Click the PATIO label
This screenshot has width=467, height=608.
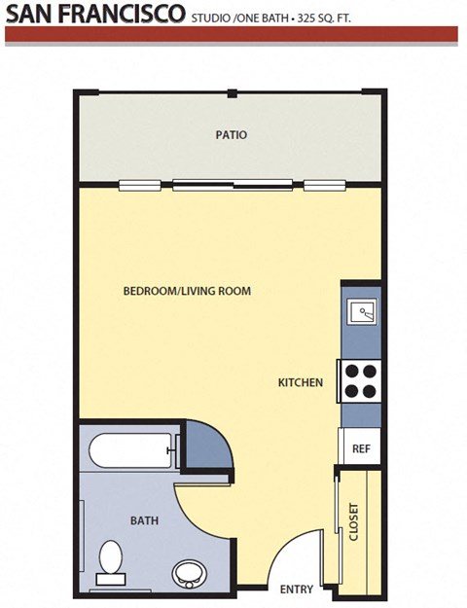coord(231,135)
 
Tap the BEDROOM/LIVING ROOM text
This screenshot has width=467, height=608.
coord(187,291)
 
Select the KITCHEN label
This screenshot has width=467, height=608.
coord(300,382)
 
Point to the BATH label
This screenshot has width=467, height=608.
coord(144,520)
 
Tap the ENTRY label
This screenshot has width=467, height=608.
coord(296,590)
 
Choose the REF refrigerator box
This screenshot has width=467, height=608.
coord(360,448)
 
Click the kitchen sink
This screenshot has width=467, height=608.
coord(362,312)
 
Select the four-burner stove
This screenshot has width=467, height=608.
coord(359,380)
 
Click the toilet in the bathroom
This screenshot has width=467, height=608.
coord(110,563)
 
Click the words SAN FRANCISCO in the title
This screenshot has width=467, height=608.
coord(95,14)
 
